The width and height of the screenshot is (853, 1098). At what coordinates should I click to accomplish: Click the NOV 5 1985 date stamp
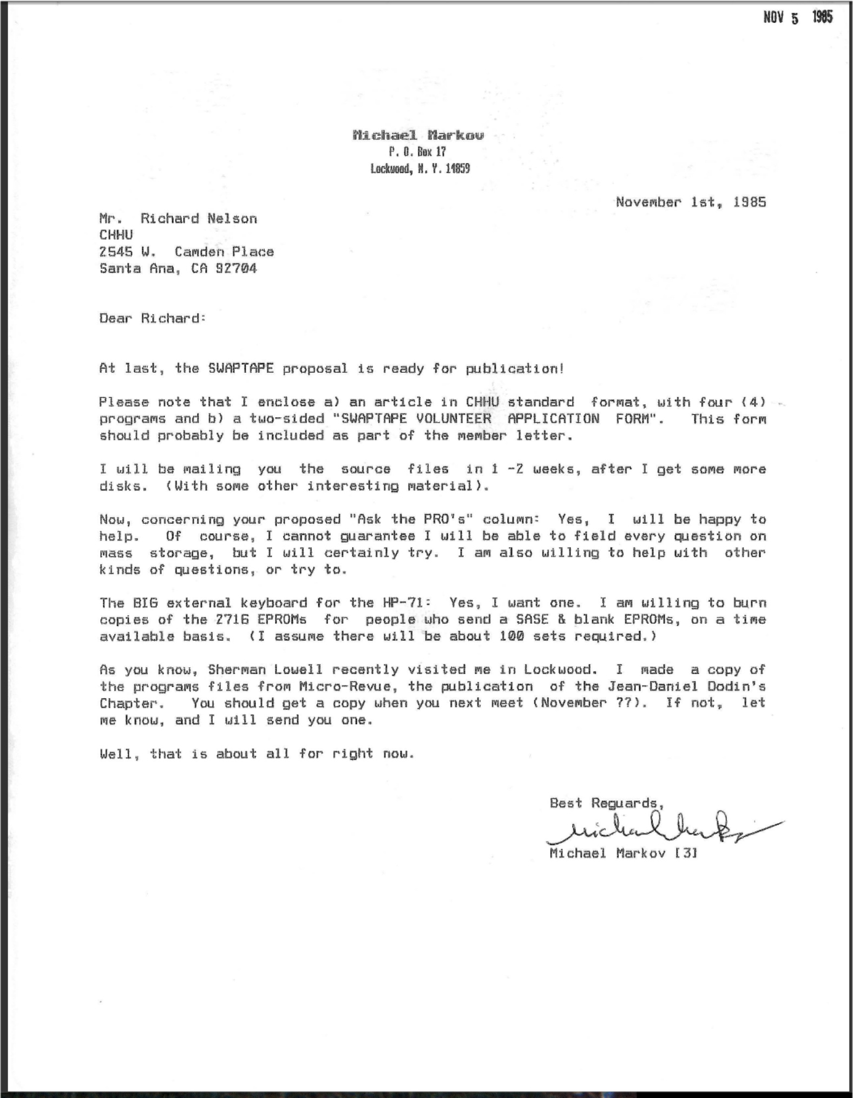[797, 18]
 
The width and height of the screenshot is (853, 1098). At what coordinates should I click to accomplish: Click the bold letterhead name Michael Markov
[418, 135]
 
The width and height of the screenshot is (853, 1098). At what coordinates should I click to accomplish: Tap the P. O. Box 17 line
[417, 152]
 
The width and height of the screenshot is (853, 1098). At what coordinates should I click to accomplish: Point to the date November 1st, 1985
[691, 202]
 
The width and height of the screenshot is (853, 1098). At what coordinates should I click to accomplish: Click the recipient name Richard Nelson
[199, 219]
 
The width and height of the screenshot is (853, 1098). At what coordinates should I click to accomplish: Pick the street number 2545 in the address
[116, 252]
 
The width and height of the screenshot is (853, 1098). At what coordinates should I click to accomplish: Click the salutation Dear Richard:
[152, 318]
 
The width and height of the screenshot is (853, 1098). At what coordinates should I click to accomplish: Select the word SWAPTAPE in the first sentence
[241, 369]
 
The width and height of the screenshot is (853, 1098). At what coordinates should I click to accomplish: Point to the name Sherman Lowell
[265, 669]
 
